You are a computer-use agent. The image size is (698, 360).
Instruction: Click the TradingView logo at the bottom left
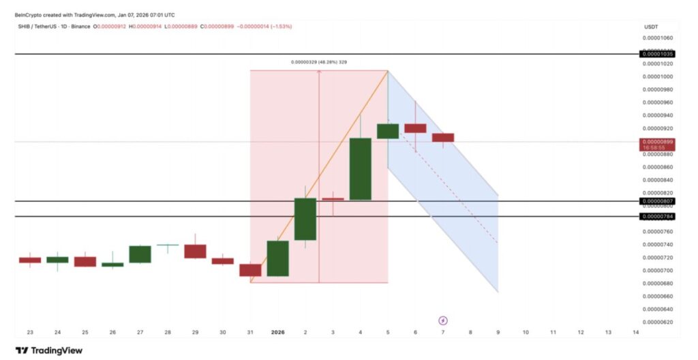48,350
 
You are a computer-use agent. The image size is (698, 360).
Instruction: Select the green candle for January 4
361,169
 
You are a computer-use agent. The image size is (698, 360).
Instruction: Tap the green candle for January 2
305,219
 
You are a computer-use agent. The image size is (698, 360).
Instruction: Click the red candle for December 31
250,270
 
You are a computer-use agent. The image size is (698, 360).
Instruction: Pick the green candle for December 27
140,254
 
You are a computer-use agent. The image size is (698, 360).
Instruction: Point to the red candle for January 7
443,138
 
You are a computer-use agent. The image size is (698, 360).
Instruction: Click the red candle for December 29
195,251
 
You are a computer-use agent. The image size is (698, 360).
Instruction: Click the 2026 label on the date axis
277,333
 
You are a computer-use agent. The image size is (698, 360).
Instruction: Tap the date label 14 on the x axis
636,333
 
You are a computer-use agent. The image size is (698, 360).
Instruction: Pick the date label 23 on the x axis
30,333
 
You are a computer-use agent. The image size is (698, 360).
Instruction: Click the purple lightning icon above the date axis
443,320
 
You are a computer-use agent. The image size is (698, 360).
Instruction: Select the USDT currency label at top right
650,27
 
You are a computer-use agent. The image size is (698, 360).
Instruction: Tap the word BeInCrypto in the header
29,14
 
